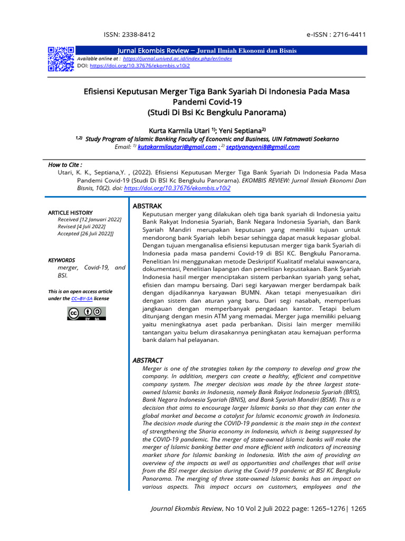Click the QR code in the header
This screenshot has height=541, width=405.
coord(61,59)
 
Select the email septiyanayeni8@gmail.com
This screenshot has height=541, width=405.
coord(263,147)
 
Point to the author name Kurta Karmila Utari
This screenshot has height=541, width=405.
coord(178,130)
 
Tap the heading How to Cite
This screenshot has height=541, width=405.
coord(65,165)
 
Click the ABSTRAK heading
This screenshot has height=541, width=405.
coord(148,206)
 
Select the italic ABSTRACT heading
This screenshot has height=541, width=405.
coord(148,360)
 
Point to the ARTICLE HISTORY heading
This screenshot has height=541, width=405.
coord(70,212)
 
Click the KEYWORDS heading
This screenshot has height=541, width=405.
coord(62,260)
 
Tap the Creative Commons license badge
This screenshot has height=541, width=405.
coord(86,313)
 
